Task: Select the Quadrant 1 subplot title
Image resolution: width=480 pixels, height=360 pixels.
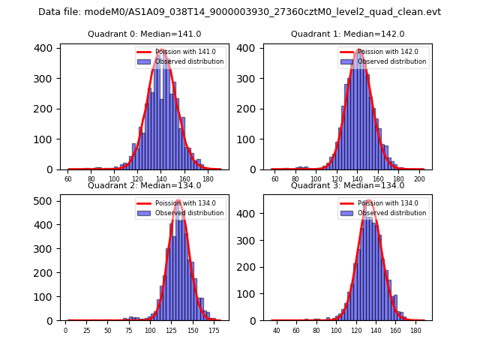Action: pyautogui.click(x=347, y=34)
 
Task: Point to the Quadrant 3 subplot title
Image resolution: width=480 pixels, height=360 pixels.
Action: pyautogui.click(x=347, y=185)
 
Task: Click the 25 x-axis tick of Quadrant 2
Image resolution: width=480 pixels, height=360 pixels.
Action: pyautogui.click(x=86, y=329)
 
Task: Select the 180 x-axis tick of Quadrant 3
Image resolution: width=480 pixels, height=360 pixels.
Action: pyautogui.click(x=415, y=329)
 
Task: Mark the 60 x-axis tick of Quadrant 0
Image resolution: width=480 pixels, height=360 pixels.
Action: pyautogui.click(x=67, y=178)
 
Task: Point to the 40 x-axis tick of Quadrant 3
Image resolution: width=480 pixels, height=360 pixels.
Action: pyautogui.click(x=277, y=329)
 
